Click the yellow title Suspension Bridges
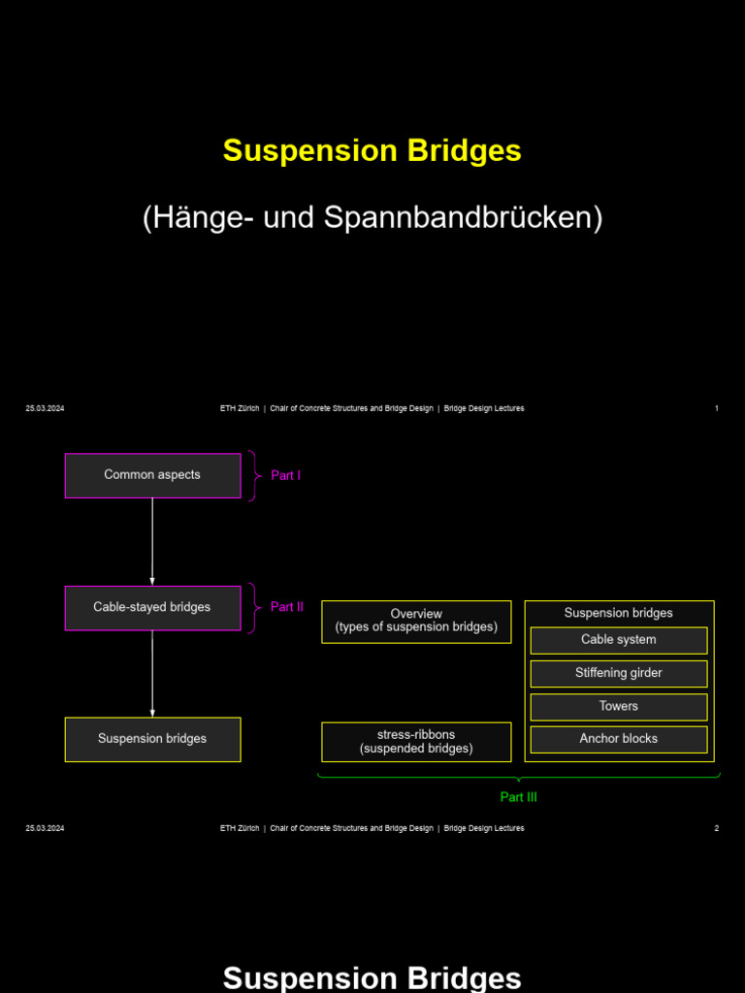coord(372,151)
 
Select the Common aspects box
coord(152,475)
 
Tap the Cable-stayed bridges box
coord(152,608)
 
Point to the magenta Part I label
coord(285,476)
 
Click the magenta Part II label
coord(286,607)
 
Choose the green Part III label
coord(518,797)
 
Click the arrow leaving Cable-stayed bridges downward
coord(152,673)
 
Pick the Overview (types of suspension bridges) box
coord(416,622)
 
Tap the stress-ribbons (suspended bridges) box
coord(416,742)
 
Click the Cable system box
coord(618,640)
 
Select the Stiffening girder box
coord(618,673)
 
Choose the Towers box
coord(618,707)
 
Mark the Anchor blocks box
coord(618,739)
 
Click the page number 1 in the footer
coord(716,408)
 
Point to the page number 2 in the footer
coord(716,828)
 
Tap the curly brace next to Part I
coord(253,476)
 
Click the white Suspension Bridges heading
coord(372,977)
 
